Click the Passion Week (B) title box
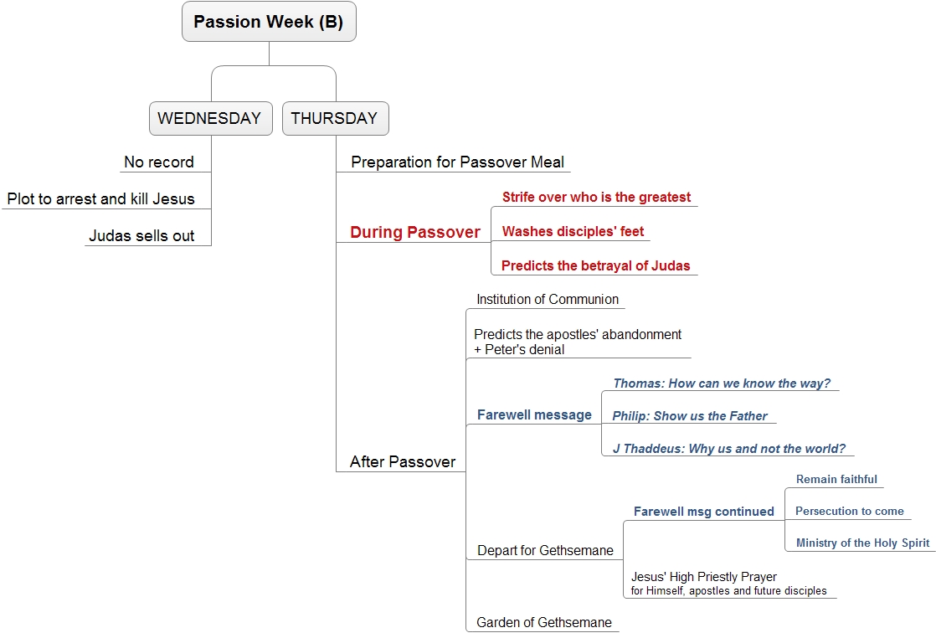270,22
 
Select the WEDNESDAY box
211,118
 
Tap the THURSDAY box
336,118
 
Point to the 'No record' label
159,162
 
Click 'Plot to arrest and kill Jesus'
100,198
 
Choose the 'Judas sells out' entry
141,236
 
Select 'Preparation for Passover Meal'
457,162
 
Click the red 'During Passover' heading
415,232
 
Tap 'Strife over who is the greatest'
596,197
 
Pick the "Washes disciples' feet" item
573,231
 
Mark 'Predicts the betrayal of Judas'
596,265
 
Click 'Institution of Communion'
548,299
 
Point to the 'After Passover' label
403,461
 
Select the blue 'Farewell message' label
534,415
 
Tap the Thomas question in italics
722,383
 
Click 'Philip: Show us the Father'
690,415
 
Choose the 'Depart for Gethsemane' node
545,551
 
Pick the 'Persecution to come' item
850,512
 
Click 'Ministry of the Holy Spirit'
862,543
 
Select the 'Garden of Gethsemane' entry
544,622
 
